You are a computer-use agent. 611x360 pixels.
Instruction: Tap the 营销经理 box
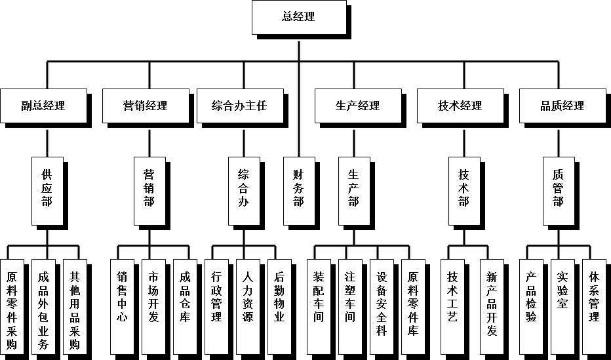(x=145, y=106)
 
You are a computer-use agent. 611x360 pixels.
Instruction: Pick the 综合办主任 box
(x=239, y=106)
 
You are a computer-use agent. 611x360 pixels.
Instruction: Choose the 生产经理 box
(x=357, y=106)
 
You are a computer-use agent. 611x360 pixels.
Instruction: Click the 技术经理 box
(x=460, y=106)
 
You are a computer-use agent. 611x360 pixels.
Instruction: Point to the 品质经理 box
(x=562, y=106)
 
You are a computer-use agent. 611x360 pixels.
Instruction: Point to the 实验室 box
(x=562, y=295)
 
